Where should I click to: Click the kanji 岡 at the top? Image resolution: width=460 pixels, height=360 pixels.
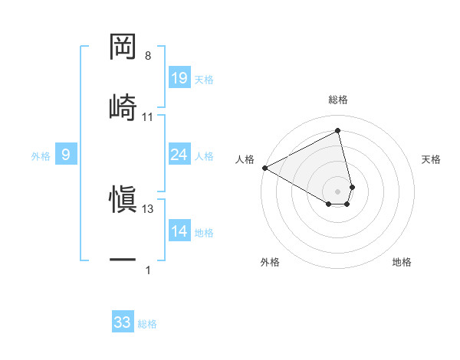123,47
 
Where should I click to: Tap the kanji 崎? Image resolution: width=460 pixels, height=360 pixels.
123,106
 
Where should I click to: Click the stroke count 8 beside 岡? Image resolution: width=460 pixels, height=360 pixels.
148,56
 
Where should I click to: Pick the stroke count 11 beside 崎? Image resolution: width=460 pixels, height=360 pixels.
148,116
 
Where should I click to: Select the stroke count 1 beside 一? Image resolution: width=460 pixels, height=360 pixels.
148,270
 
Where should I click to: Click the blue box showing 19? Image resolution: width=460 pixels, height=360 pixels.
179,78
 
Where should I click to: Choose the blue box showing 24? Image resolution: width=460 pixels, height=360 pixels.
179,155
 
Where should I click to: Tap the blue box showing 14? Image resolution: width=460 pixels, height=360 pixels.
179,231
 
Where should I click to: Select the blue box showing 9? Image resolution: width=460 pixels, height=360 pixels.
66,155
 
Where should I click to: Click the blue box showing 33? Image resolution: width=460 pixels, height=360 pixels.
123,322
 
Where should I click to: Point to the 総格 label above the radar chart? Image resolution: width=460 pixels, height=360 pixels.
338,100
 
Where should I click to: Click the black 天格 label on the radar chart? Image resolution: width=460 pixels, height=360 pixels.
432,159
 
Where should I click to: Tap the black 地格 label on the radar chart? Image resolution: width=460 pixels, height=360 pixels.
402,262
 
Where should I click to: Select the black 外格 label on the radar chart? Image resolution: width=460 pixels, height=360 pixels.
270,262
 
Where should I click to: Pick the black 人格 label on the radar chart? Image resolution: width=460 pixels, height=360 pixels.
245,159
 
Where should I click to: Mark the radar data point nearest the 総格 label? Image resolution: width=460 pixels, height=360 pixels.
338,131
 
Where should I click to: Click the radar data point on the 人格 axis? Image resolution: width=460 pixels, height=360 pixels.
264,168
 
